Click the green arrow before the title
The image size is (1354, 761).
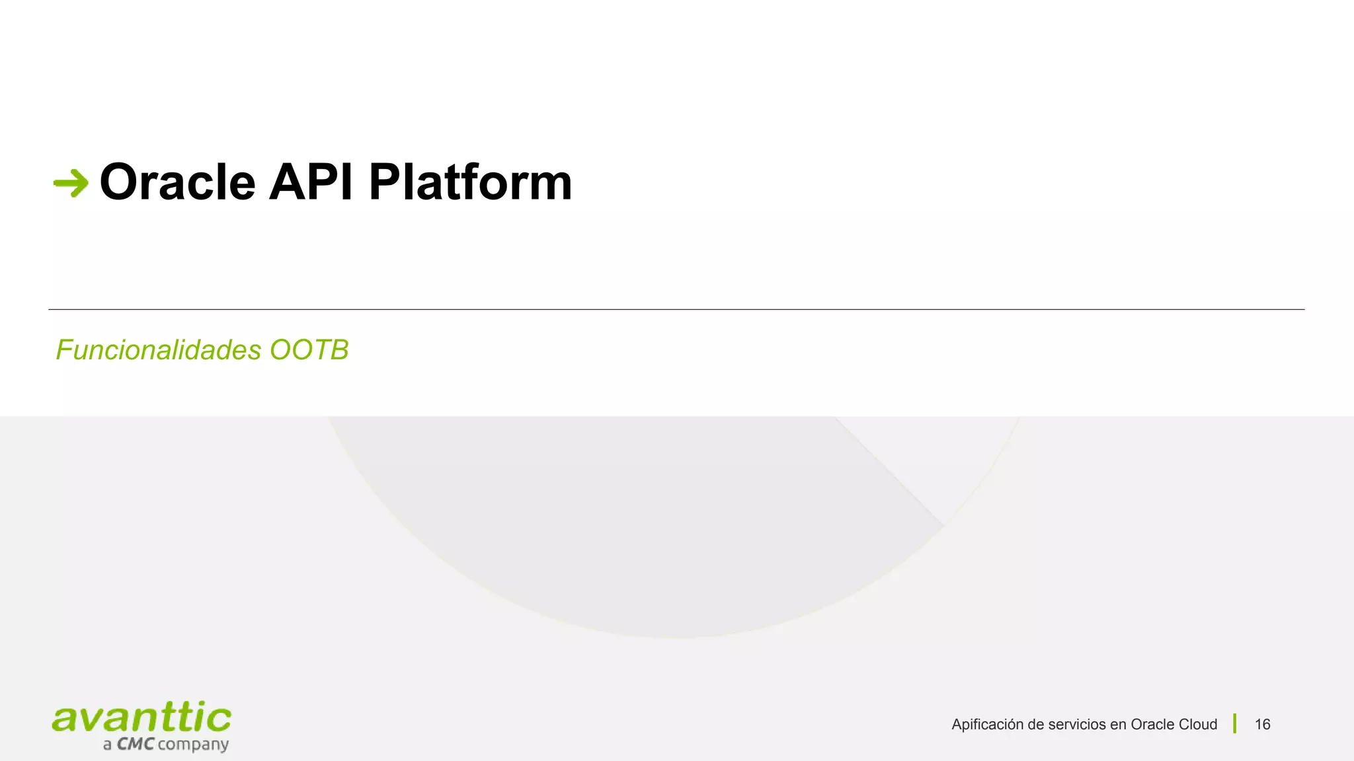[71, 183]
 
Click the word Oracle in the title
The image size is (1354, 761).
[177, 182]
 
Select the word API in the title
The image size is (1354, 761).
[311, 182]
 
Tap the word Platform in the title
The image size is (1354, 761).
[470, 182]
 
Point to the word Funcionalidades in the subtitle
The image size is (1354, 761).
[159, 350]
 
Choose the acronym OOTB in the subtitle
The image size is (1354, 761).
[309, 350]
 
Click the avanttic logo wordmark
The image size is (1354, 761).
[141, 719]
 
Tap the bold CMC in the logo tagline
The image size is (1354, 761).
[136, 744]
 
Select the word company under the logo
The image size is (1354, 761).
[193, 745]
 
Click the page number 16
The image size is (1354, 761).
[1262, 725]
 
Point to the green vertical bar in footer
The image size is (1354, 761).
[1234, 724]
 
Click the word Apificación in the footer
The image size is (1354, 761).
[987, 725]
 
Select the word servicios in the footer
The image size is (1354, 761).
[1077, 725]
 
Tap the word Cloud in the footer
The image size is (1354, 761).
[1196, 725]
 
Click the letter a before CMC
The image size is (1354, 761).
[107, 746]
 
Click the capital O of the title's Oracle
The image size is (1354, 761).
[120, 182]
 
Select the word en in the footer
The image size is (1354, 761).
[1117, 725]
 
